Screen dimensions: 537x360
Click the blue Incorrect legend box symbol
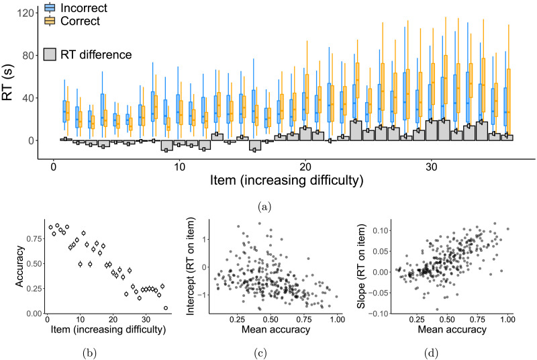[x=50, y=7]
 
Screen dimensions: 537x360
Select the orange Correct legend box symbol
[x=50, y=21]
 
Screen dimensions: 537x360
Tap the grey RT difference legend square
[x=50, y=54]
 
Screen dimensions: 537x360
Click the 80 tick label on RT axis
[x=28, y=56]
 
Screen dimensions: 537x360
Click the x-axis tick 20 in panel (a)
[x=305, y=167]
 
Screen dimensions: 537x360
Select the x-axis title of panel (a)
[x=287, y=180]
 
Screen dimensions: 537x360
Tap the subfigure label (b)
[x=89, y=353]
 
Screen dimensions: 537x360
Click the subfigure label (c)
[x=260, y=353]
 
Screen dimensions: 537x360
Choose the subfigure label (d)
[x=431, y=353]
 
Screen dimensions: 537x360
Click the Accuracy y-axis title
[x=20, y=266]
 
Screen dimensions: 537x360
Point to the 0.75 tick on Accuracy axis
[x=35, y=238]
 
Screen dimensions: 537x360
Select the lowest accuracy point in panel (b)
[x=166, y=308]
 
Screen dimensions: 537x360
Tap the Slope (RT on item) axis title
[x=361, y=267]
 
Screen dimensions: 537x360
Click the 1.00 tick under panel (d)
[x=507, y=320]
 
